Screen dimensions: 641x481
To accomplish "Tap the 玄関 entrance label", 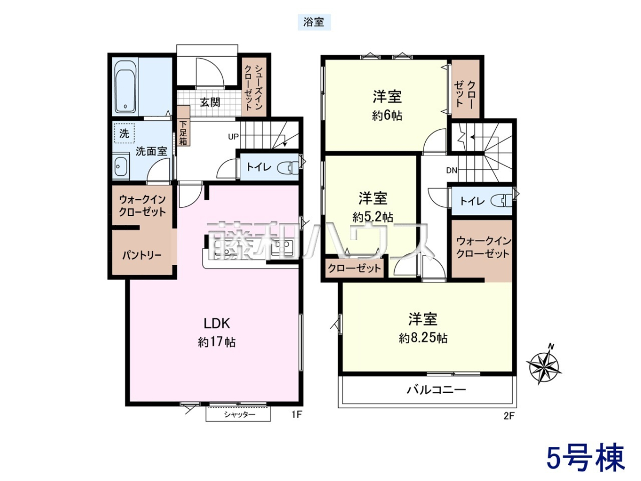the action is click(x=210, y=102).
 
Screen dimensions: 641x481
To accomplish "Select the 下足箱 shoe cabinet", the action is click(x=183, y=126).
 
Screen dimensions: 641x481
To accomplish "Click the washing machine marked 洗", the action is click(x=124, y=134).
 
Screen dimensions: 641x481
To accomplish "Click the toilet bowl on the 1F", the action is click(x=287, y=167).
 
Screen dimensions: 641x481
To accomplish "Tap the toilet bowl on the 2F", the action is click(x=501, y=200).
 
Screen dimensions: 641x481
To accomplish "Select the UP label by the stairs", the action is click(x=233, y=136).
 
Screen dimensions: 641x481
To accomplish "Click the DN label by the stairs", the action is click(x=451, y=170).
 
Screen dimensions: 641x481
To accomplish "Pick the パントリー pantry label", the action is click(x=142, y=255).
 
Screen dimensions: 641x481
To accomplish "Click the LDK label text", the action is click(x=217, y=323).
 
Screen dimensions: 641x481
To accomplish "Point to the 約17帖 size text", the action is click(x=217, y=342).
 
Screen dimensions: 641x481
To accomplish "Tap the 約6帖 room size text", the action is click(x=387, y=116).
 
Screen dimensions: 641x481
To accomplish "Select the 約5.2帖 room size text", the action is click(x=373, y=217).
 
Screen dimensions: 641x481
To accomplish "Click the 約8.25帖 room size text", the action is click(x=423, y=338).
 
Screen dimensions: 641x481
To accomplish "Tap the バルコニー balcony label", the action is click(x=436, y=390).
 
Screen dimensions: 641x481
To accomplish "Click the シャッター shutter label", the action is click(x=240, y=414).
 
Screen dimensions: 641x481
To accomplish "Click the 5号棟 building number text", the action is click(x=585, y=457).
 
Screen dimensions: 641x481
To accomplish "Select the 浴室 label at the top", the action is click(x=314, y=22).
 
